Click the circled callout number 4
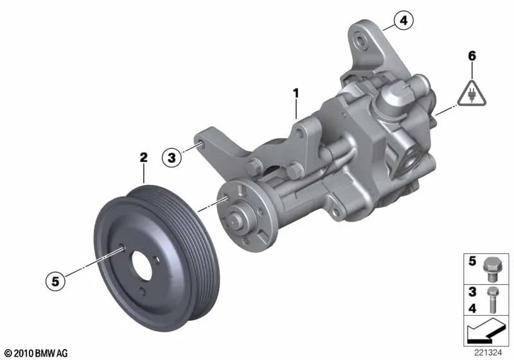click(403, 21)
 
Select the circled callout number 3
click(172, 157)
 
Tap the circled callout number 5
click(55, 281)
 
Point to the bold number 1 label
click(296, 93)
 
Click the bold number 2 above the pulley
click(143, 157)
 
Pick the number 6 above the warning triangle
click(472, 56)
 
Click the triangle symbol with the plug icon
click(472, 94)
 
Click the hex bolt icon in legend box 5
click(490, 269)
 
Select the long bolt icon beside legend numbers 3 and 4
click(492, 300)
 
